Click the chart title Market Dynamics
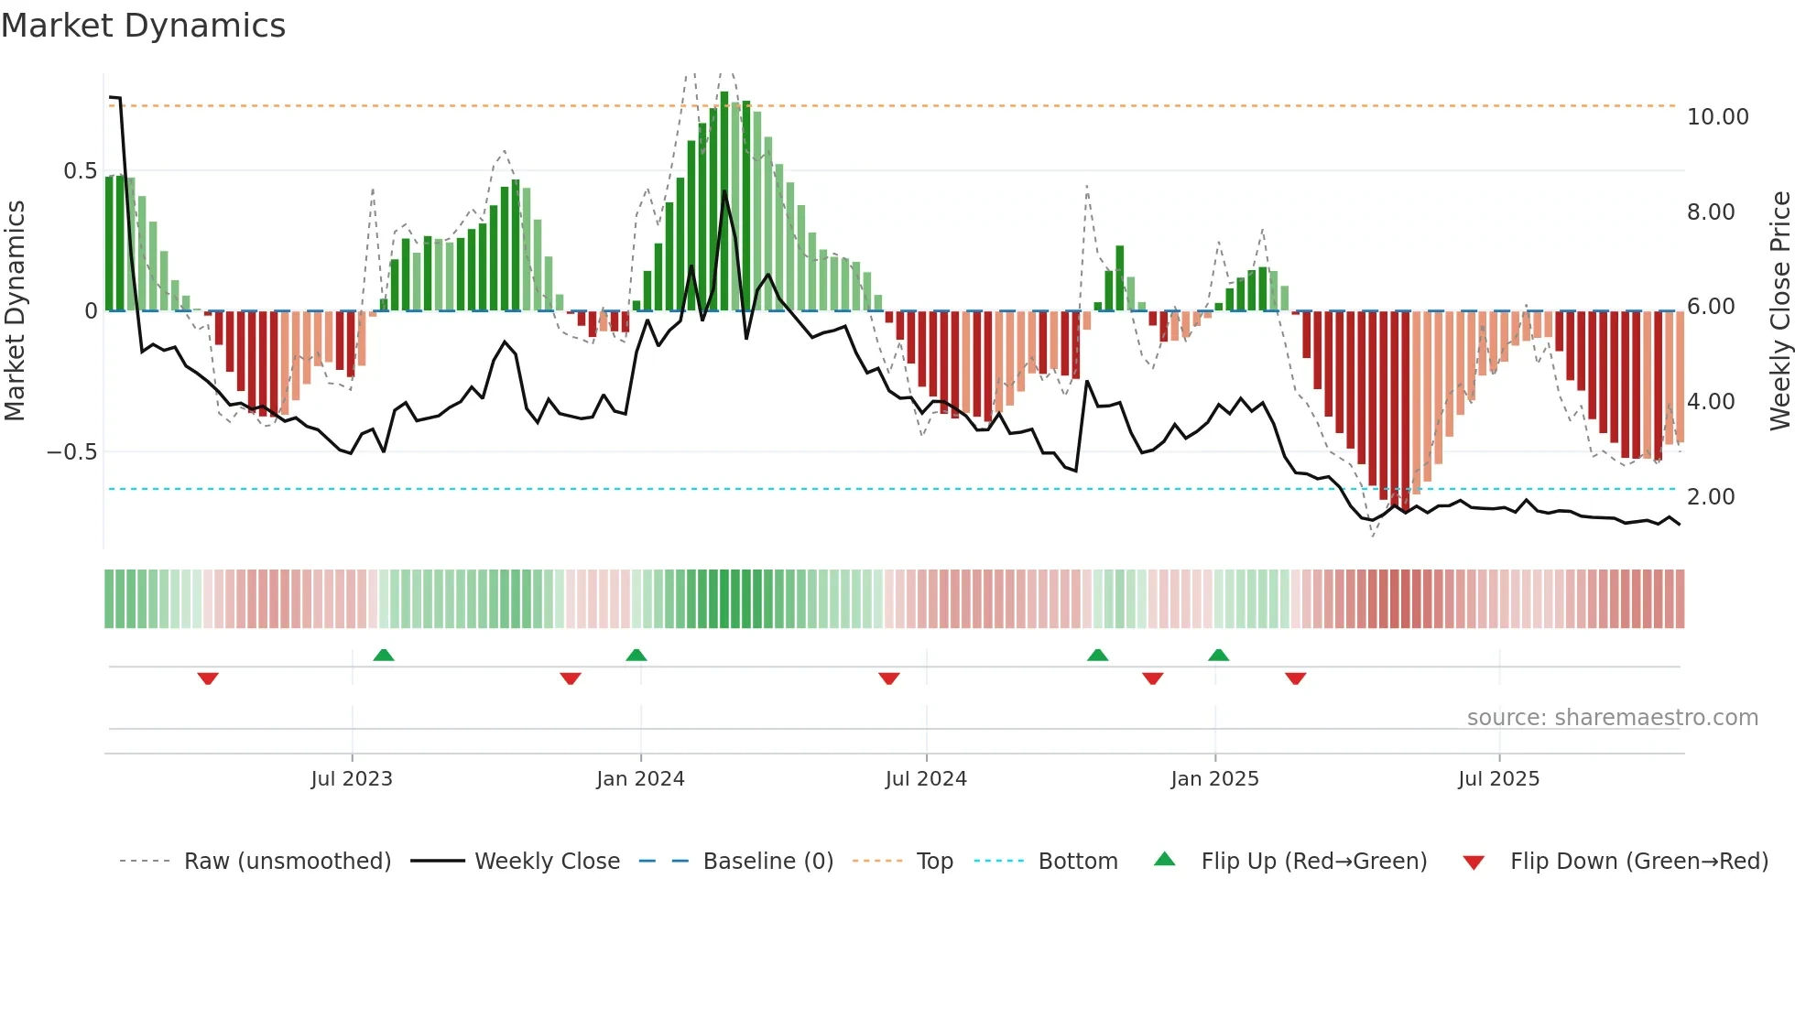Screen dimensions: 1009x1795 point(144,26)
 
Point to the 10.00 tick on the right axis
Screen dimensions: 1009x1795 point(1717,117)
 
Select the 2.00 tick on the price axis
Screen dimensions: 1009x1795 point(1710,497)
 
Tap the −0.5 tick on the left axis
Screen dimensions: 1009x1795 point(72,452)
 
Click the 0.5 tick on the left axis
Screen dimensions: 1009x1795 point(80,171)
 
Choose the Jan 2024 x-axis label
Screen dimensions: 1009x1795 point(640,779)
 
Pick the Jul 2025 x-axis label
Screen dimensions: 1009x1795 point(1498,779)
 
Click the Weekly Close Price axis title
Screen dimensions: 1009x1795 point(1779,311)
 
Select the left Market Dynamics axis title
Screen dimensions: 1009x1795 point(15,311)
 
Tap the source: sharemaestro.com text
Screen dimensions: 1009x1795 point(1612,718)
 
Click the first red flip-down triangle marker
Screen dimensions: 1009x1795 point(208,678)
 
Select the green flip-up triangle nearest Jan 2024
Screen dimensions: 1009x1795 point(636,655)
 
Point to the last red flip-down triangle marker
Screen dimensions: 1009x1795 point(1295,678)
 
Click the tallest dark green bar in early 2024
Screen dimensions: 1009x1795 point(724,201)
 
